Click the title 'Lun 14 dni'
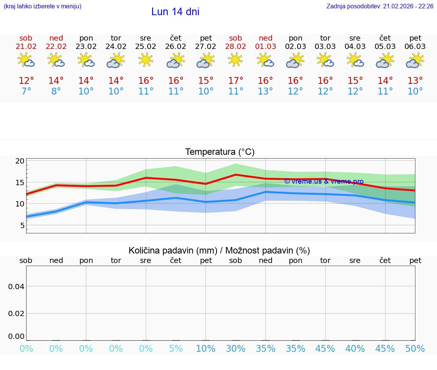(175, 12)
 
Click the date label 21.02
(26, 47)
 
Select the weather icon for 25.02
(146, 60)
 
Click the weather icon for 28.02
(236, 60)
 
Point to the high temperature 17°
(236, 81)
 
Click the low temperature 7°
(26, 91)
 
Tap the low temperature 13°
(266, 91)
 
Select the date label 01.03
(266, 47)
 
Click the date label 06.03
(415, 47)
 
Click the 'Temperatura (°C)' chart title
(220, 152)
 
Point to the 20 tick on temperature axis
(20, 161)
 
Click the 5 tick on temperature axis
(22, 225)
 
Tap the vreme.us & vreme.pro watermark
(324, 181)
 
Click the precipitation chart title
(219, 250)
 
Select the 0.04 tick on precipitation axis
(16, 287)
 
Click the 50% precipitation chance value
(415, 349)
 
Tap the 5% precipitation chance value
(176, 349)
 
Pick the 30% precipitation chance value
(236, 349)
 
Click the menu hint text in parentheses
(42, 6)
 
